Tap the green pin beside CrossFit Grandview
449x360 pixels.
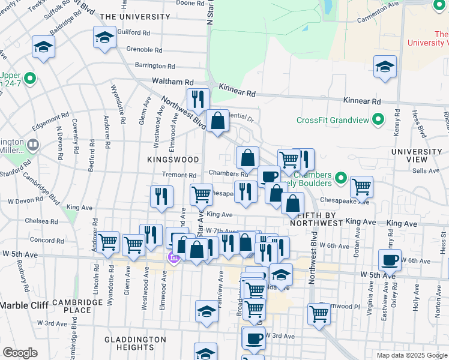click(378, 121)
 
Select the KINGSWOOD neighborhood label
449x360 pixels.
click(173, 160)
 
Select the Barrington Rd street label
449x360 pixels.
click(154, 67)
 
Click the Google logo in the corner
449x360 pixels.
click(20, 353)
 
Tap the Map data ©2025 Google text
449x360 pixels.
click(411, 355)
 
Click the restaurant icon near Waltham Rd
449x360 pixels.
click(197, 98)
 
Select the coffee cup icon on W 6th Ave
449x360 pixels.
click(390, 260)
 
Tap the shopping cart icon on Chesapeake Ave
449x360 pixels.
click(361, 186)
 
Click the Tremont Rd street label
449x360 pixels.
click(179, 175)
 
